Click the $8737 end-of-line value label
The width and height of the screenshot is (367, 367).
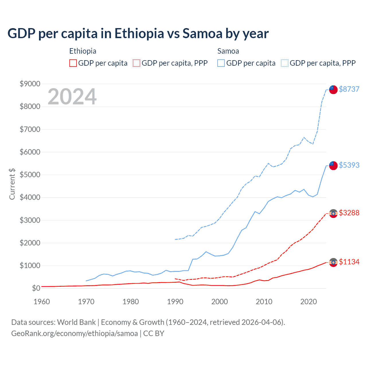pos(349,89)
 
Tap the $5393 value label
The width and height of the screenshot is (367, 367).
pos(349,165)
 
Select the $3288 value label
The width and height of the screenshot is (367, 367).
pos(349,213)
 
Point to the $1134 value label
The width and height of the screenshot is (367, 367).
pos(349,262)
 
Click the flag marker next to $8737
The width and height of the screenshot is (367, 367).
pos(333,89)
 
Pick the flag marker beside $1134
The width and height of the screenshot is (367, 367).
pos(333,262)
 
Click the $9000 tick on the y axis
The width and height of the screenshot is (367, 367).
pos(30,84)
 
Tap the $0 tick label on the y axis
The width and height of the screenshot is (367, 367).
pos(36,288)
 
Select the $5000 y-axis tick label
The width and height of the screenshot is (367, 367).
pos(30,175)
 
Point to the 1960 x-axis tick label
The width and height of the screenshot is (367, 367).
pos(42,302)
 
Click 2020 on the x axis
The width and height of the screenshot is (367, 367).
pos(309,302)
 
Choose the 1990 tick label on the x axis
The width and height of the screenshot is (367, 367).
pos(175,302)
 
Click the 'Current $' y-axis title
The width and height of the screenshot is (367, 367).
pos(12,184)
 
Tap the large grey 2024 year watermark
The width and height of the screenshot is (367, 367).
pos(72,97)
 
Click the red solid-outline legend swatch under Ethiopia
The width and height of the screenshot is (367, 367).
pos(73,63)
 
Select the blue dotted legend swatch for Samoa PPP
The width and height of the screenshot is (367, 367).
pos(285,63)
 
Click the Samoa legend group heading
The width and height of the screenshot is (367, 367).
pos(228,51)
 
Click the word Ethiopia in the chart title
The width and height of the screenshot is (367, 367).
pos(139,34)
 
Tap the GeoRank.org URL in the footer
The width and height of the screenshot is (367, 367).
pos(75,333)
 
